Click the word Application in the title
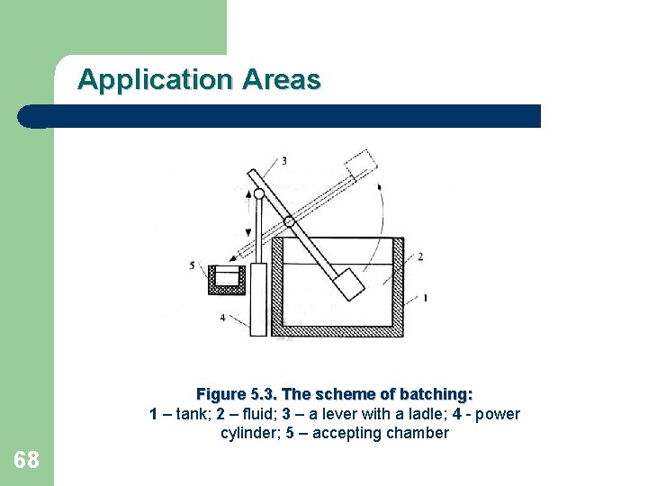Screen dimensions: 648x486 click(x=155, y=80)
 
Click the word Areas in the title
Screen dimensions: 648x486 click(x=282, y=79)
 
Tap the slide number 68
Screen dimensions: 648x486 click(x=26, y=460)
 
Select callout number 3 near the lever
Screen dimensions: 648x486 click(x=283, y=161)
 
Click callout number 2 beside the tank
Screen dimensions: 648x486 click(x=420, y=256)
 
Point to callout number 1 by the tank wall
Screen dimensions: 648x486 click(x=425, y=298)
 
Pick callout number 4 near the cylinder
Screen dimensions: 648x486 click(x=223, y=318)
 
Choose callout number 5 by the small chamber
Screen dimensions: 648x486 click(x=192, y=265)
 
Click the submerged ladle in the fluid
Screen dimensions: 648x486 click(x=349, y=284)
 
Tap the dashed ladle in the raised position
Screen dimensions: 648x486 click(x=360, y=165)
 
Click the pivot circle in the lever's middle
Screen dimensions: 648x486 click(x=289, y=221)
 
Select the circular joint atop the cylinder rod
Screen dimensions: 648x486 click(x=259, y=193)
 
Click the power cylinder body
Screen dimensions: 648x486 click(x=258, y=300)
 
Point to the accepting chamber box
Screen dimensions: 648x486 click(x=227, y=280)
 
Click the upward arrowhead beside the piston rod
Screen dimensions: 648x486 click(x=248, y=194)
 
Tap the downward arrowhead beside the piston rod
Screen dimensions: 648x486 click(x=248, y=233)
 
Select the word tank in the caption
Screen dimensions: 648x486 click(x=193, y=414)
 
